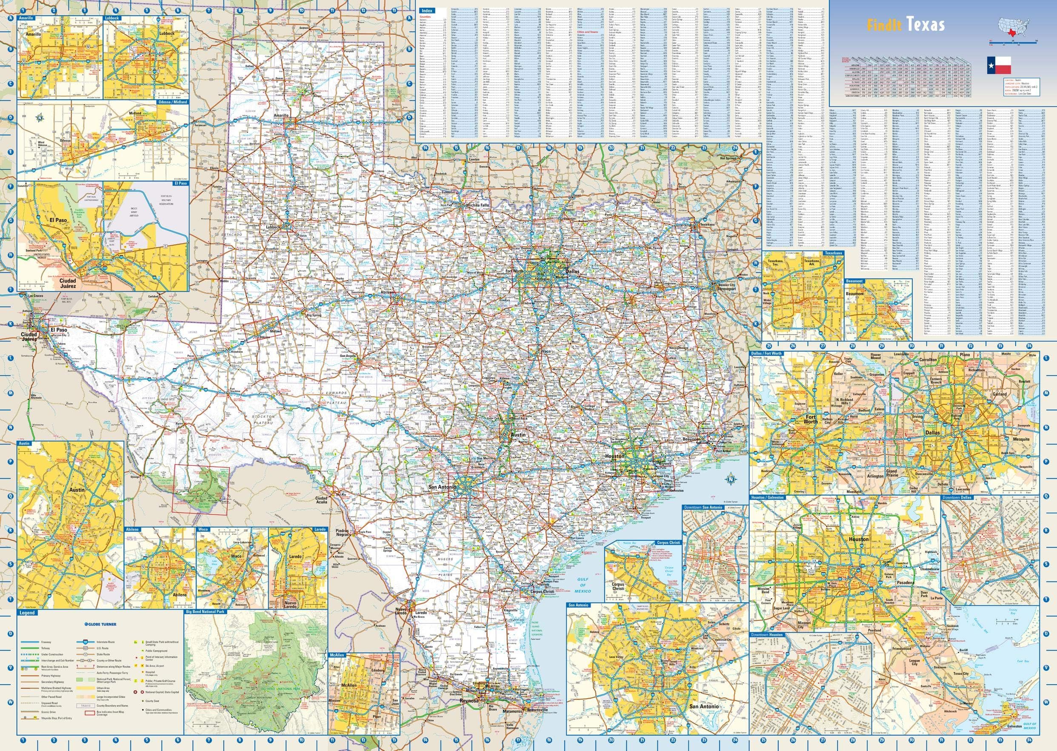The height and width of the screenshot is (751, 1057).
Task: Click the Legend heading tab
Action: [x=28, y=613]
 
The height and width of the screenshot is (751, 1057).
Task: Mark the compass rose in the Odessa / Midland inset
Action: [x=40, y=118]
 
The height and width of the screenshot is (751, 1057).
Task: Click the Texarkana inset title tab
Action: [x=832, y=253]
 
